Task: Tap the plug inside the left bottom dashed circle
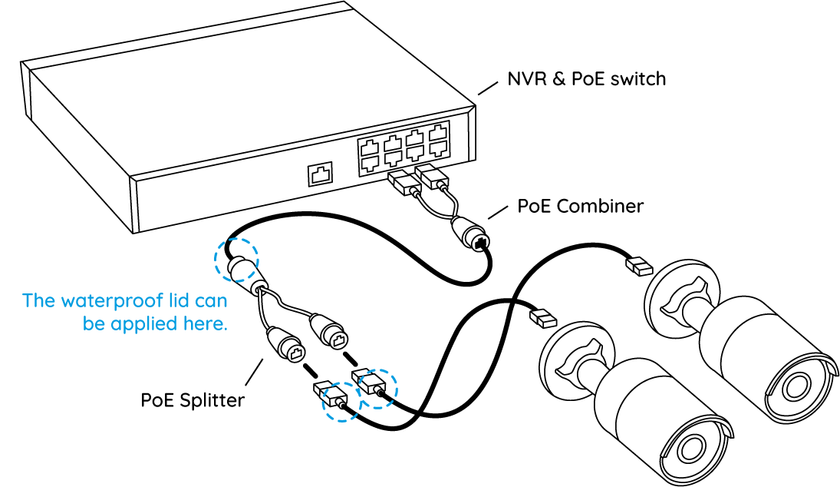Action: click(x=341, y=403)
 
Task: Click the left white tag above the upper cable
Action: click(x=397, y=177)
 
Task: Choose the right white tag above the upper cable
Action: click(x=424, y=169)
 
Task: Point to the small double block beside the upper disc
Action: click(x=638, y=267)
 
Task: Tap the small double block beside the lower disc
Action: click(x=542, y=317)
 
